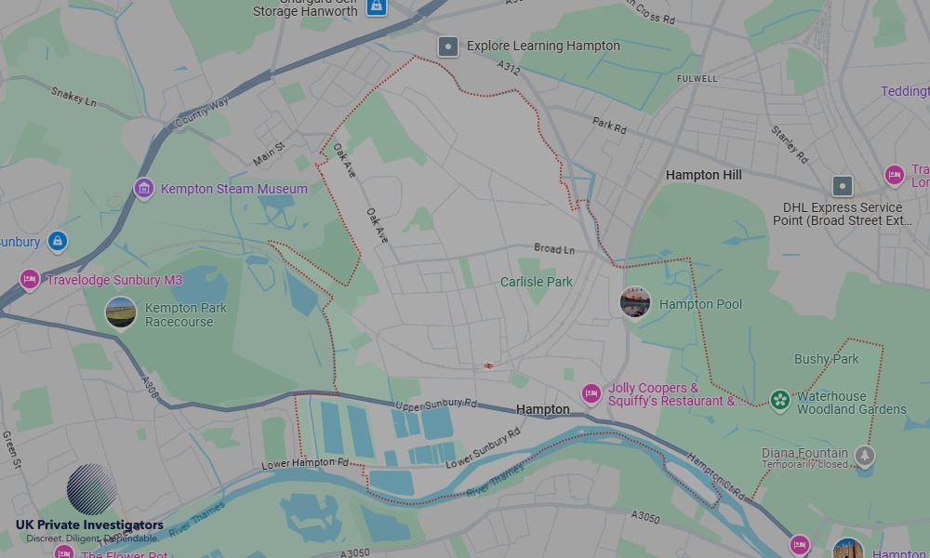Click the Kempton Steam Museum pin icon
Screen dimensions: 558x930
coord(143,189)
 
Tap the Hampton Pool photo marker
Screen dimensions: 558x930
coord(635,302)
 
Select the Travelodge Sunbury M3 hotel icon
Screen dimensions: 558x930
coord(30,279)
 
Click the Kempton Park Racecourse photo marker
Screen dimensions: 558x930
coord(121,312)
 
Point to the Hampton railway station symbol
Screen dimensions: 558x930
coord(488,365)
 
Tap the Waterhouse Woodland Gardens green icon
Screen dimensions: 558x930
coord(780,401)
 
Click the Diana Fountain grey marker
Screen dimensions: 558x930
coord(865,456)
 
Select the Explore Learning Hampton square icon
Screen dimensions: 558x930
coord(448,46)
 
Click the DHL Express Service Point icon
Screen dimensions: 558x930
coord(843,185)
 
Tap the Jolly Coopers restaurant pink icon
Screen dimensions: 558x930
coord(591,393)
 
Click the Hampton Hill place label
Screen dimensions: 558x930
coord(705,175)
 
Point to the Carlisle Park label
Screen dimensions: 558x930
coord(537,282)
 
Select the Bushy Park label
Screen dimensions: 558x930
coord(826,359)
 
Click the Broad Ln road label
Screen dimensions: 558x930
coord(554,249)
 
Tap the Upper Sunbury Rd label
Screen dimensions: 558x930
coord(436,405)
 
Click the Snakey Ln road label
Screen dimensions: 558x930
coord(73,96)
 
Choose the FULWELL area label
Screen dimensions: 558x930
coord(697,79)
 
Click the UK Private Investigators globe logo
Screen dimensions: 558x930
coord(91,489)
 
